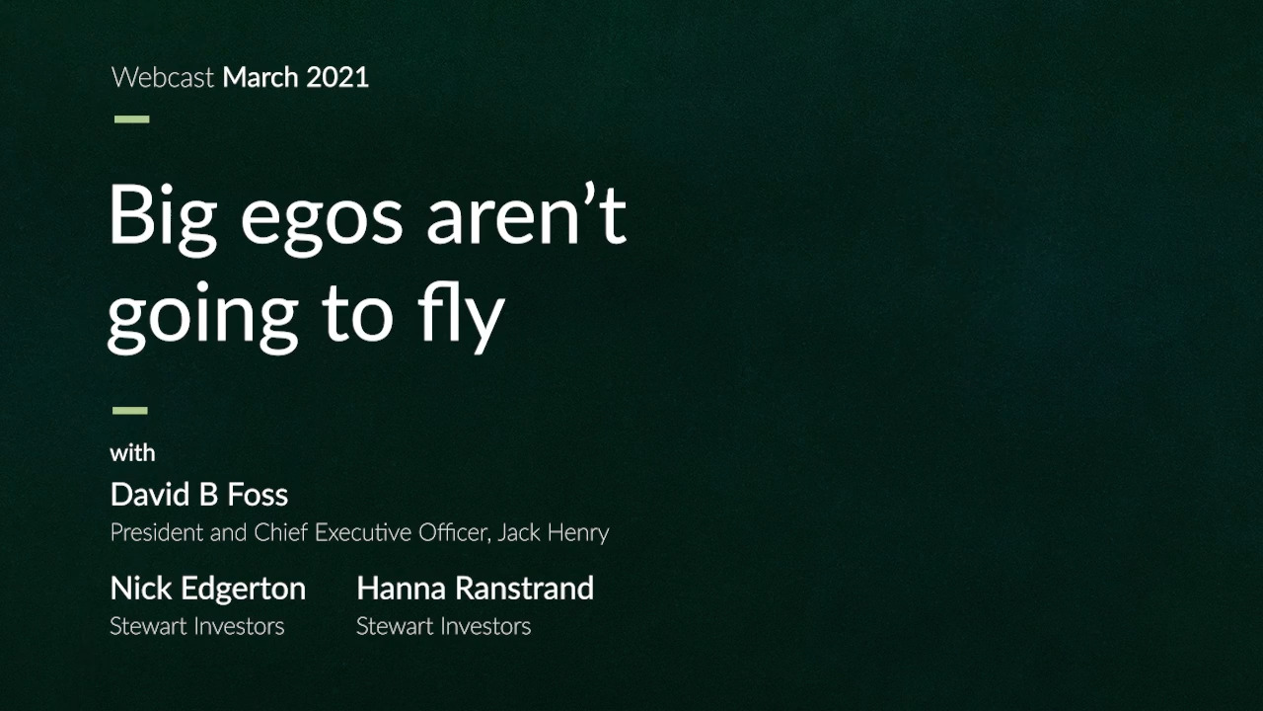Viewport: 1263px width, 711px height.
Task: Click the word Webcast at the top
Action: coord(163,77)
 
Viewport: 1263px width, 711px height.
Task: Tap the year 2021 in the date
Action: coord(337,77)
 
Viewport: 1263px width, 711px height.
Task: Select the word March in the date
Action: coord(260,77)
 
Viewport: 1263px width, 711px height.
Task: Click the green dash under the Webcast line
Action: coord(132,119)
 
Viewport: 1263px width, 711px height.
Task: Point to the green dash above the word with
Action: coord(130,410)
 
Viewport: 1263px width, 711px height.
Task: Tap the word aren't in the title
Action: coord(526,214)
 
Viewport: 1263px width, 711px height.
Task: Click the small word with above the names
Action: coord(132,453)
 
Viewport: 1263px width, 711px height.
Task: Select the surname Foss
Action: coord(258,495)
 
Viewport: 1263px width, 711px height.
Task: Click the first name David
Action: coord(150,495)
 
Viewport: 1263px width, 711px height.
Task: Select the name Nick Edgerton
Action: coord(208,590)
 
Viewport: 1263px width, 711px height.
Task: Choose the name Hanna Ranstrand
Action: coord(476,588)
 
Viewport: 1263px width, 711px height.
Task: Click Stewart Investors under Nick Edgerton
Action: coord(197,626)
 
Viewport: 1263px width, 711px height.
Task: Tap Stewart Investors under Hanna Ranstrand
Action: coord(444,626)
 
